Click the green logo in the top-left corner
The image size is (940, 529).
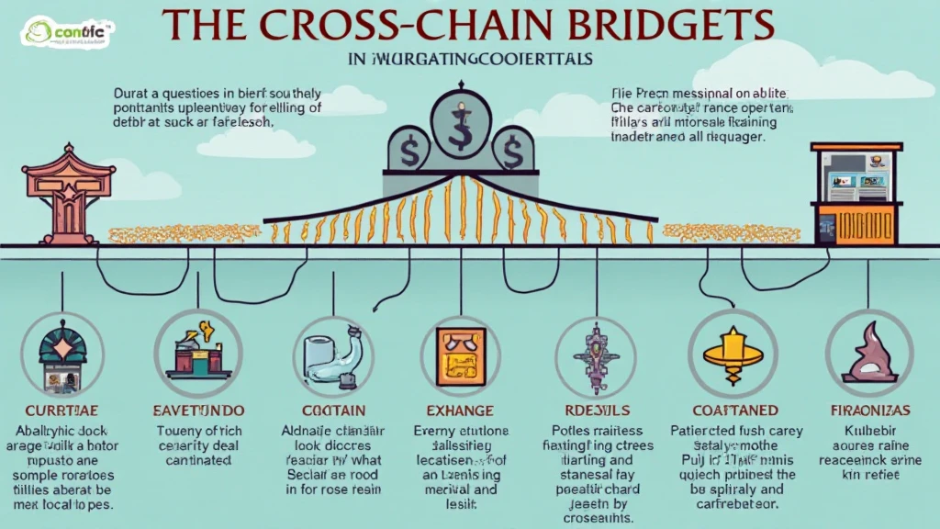[65, 35]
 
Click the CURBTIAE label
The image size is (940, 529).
[62, 411]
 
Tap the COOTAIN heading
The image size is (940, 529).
[333, 411]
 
